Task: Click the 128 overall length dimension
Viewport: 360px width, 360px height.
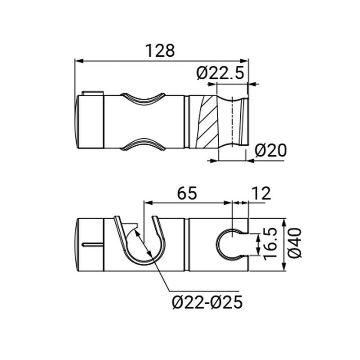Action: pyautogui.click(x=161, y=50)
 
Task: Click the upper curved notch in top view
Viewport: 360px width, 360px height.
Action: pyautogui.click(x=143, y=99)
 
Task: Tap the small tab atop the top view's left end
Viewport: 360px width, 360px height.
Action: pyautogui.click(x=92, y=94)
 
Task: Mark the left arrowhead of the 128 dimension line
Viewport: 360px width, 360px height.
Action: pyautogui.click(x=78, y=60)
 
